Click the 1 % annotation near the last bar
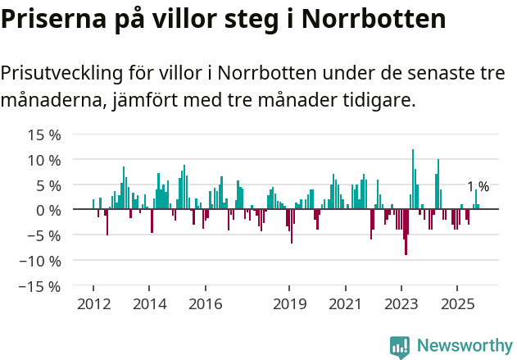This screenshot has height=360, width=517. (478, 187)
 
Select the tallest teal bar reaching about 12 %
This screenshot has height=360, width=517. (413, 179)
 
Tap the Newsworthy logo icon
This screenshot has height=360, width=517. (400, 347)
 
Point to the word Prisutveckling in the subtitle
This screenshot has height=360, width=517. (61, 73)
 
